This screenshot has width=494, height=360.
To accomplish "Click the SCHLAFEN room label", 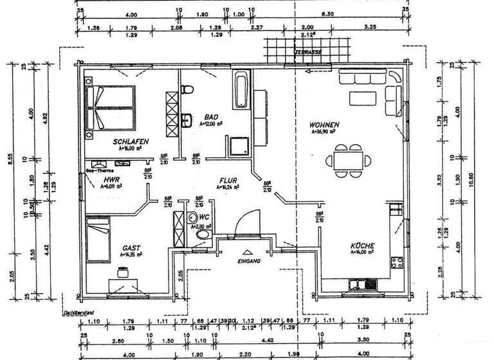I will point(131,141).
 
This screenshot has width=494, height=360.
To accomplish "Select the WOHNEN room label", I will point(324,124).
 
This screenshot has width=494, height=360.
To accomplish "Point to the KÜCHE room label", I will point(363,246).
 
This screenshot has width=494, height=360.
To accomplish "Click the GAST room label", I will point(132,248).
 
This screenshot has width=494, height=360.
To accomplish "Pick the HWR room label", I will point(112,180).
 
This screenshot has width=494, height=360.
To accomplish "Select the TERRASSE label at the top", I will point(307,51).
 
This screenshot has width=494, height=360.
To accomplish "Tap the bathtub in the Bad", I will point(241,91).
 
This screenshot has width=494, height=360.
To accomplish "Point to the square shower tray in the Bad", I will point(239,147).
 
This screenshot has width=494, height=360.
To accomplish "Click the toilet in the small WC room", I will point(203,237).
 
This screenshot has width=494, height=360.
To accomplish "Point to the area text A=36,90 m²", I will point(325,131).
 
